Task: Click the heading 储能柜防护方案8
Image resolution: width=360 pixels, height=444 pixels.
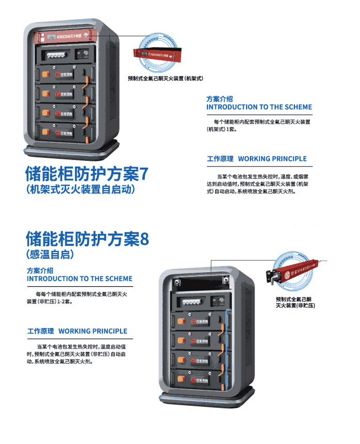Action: (x=87, y=239)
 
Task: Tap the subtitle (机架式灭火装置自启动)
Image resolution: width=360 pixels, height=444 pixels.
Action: (x=80, y=189)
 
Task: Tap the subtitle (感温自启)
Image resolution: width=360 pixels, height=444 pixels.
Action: (x=50, y=255)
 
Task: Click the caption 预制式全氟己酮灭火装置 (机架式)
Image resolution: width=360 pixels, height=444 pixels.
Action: (x=164, y=79)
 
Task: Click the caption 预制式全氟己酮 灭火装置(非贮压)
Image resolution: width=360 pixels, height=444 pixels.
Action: (x=295, y=302)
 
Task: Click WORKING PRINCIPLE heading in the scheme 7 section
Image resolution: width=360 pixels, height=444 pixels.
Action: (x=257, y=159)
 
